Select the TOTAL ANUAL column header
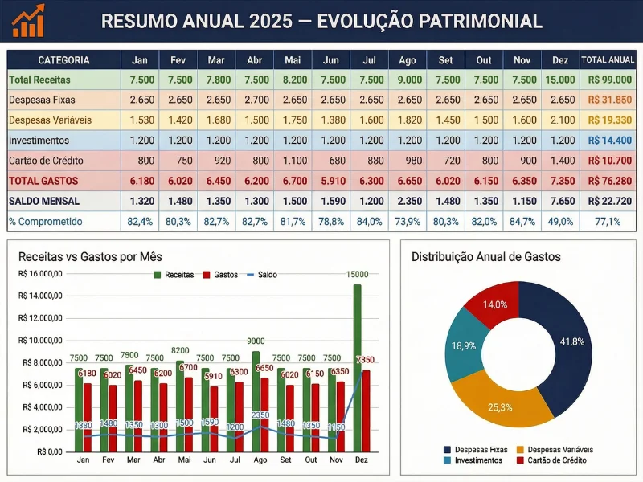[x=607, y=60]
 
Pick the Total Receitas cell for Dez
[x=559, y=80]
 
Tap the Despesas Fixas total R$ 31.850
[x=607, y=100]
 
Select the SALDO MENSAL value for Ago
[x=408, y=201]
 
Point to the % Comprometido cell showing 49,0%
[x=559, y=222]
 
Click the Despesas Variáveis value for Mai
[x=293, y=120]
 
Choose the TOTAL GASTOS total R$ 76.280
[x=607, y=181]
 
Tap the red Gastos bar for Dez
[x=367, y=410]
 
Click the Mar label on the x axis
[x=133, y=460]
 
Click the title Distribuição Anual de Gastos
[x=486, y=257]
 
